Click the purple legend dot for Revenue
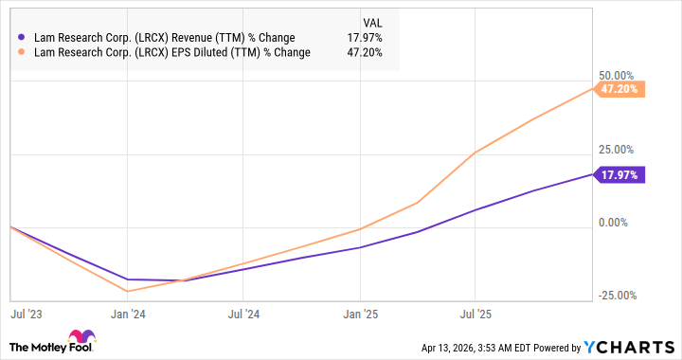click(x=22, y=37)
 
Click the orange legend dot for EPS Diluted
click(x=22, y=53)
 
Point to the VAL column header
click(x=373, y=21)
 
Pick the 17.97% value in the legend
click(x=365, y=37)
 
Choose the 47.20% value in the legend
click(x=365, y=53)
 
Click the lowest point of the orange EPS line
click(x=126, y=291)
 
